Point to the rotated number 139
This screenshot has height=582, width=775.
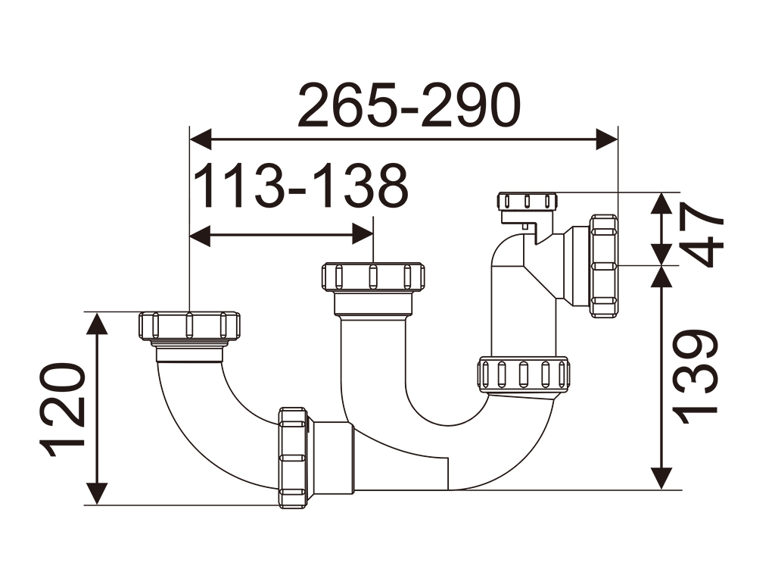[696, 375]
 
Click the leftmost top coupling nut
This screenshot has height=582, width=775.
[189, 325]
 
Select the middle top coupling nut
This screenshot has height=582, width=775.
[373, 277]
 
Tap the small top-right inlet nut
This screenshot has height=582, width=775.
[528, 202]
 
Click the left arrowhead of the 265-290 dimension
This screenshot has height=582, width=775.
[199, 139]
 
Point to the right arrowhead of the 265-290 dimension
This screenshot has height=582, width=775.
[608, 139]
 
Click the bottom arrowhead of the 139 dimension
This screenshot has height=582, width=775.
[662, 478]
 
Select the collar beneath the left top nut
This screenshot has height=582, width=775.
[189, 352]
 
